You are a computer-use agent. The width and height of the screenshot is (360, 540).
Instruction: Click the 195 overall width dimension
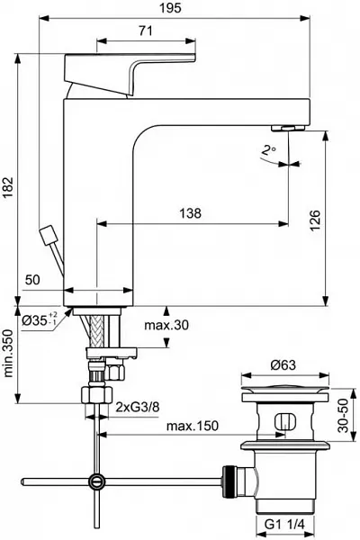click(x=171, y=8)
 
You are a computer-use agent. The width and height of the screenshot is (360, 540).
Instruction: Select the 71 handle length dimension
click(x=146, y=31)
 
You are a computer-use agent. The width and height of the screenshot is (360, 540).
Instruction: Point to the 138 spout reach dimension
click(x=190, y=213)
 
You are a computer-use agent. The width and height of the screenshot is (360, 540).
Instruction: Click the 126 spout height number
click(x=314, y=220)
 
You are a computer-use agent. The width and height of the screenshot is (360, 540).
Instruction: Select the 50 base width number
click(x=32, y=280)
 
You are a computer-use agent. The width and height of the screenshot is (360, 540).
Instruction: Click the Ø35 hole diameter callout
click(x=40, y=321)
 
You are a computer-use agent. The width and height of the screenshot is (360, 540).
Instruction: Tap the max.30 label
click(x=166, y=325)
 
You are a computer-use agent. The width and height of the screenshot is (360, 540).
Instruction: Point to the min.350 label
click(x=8, y=354)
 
